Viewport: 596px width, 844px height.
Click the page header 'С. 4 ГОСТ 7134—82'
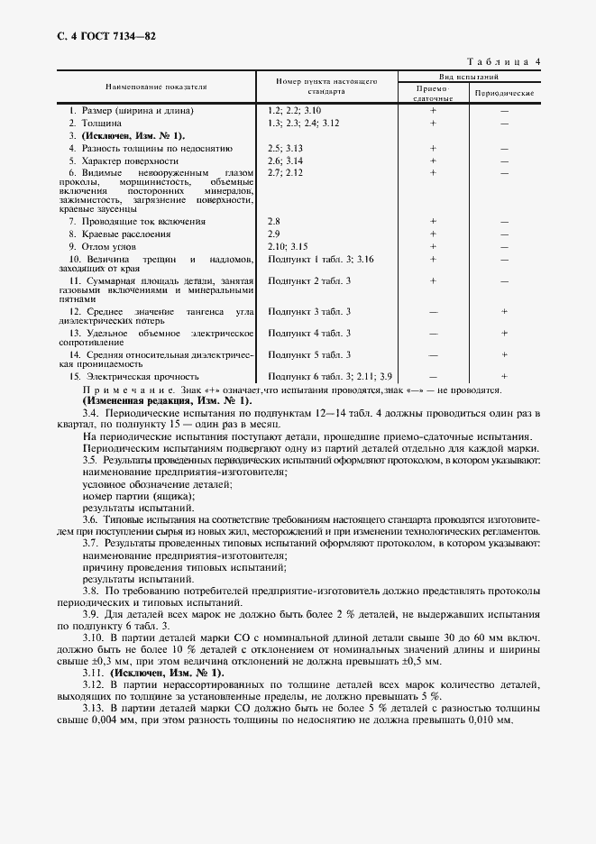(94, 36)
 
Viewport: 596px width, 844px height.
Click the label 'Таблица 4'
(503, 61)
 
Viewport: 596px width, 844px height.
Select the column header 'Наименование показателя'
(156, 87)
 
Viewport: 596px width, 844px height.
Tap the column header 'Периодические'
(504, 93)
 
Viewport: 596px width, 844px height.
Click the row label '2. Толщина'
(88, 122)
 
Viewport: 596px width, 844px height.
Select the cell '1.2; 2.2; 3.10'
(295, 110)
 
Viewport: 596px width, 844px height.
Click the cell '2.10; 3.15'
(288, 245)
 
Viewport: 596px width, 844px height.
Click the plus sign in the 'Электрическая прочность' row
(504, 376)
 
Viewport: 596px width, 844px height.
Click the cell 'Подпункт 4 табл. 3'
(309, 333)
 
